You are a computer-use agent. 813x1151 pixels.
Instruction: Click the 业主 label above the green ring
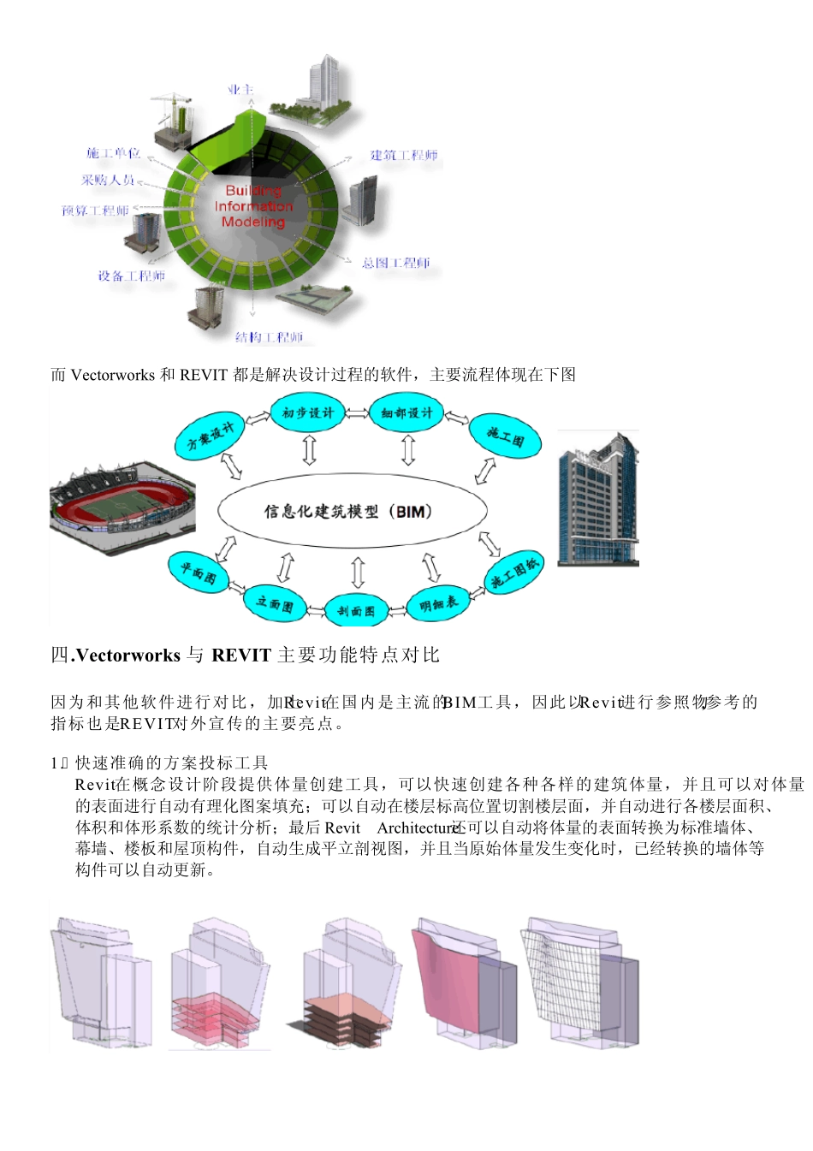(x=240, y=90)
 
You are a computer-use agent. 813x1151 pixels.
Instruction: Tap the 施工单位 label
(x=113, y=153)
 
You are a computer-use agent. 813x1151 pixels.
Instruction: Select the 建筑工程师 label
(x=404, y=155)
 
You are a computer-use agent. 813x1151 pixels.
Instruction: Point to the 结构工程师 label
(x=269, y=337)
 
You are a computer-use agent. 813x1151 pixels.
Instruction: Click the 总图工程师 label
(x=395, y=263)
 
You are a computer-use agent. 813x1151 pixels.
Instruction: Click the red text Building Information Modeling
(x=253, y=206)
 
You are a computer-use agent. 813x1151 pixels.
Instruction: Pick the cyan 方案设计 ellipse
(x=210, y=436)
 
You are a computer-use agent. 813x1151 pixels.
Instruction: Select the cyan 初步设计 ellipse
(x=307, y=412)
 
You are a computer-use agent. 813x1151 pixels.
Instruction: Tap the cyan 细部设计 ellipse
(x=406, y=412)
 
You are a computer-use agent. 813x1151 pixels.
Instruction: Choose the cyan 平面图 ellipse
(x=198, y=571)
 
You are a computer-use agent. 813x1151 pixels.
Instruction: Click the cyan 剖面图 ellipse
(x=355, y=610)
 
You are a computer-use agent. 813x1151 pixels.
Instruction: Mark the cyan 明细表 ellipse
(x=439, y=604)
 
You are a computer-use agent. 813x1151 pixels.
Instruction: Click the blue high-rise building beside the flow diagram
(x=598, y=500)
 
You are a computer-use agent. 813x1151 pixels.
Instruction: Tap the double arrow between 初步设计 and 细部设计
(x=357, y=413)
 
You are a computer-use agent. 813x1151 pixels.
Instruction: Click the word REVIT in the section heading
(x=241, y=656)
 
